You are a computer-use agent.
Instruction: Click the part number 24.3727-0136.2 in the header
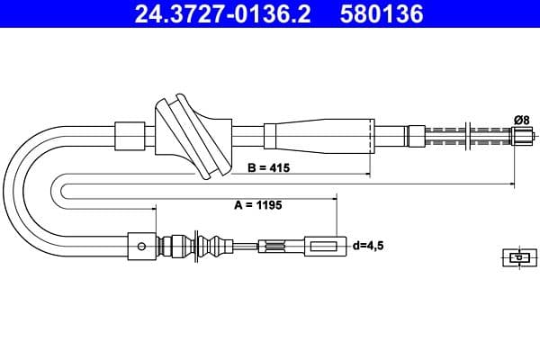click(222, 13)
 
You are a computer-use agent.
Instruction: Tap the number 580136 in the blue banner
click(382, 13)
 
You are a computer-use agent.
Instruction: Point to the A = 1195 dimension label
click(258, 205)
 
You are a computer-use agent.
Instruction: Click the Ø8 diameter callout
click(522, 121)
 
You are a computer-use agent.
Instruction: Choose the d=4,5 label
click(368, 246)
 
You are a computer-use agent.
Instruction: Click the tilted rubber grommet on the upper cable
click(193, 137)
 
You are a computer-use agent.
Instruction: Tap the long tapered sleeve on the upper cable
click(319, 136)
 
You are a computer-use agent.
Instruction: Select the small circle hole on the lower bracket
click(141, 247)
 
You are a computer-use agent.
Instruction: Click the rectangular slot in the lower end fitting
click(323, 247)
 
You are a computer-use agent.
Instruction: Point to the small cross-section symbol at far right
click(519, 257)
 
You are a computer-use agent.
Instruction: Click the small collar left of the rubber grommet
click(130, 136)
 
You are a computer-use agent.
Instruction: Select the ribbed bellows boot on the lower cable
click(195, 246)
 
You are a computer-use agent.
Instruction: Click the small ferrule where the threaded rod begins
click(417, 136)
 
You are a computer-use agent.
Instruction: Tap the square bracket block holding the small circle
click(142, 247)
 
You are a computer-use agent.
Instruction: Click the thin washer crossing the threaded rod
click(468, 136)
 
